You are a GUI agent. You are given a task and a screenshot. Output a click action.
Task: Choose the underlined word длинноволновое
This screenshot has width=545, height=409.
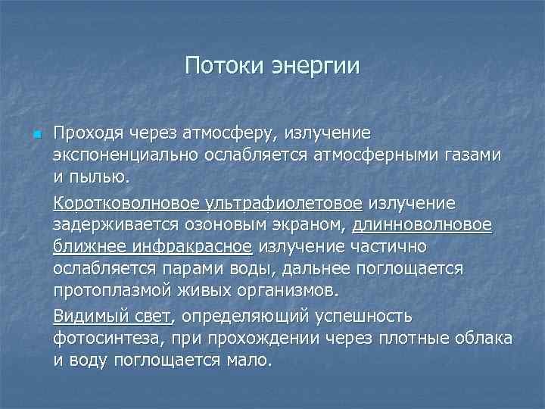(422, 226)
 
